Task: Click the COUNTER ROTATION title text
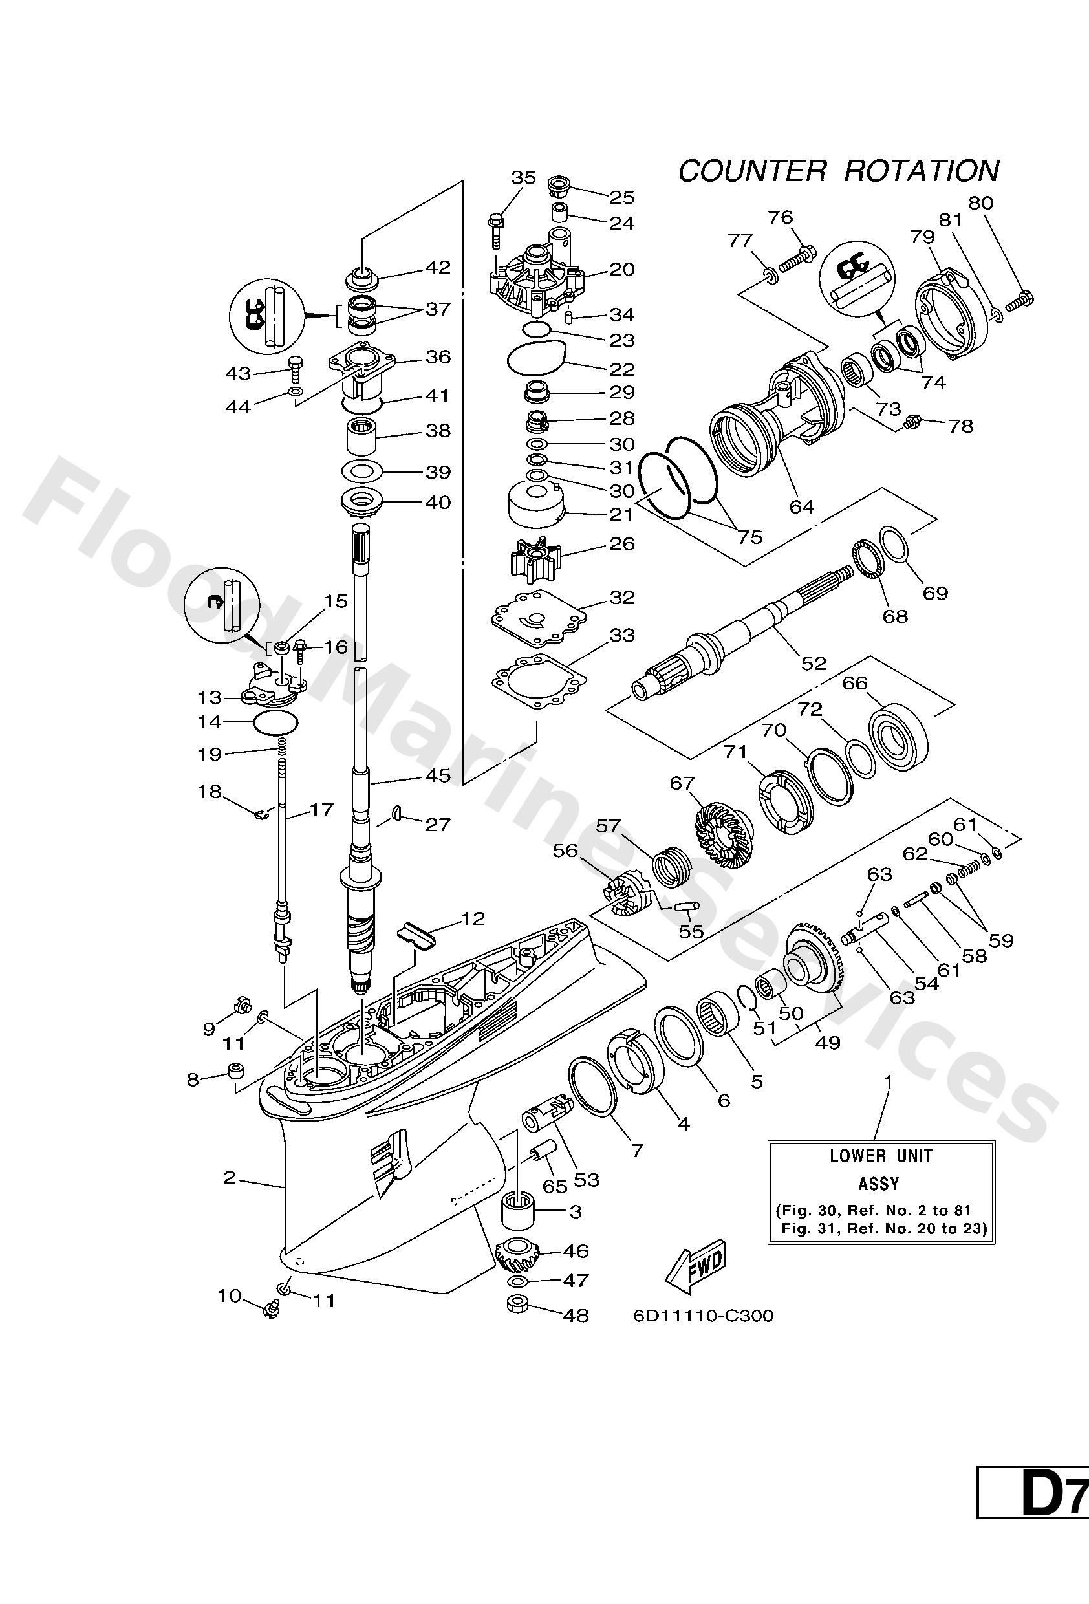(x=838, y=171)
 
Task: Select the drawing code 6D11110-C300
(x=703, y=1316)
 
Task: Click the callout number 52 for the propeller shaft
(x=814, y=664)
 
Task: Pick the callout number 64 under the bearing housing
(x=801, y=506)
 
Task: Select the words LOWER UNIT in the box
(x=881, y=1155)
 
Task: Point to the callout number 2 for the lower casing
(x=230, y=1178)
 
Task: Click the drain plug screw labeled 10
(x=271, y=1307)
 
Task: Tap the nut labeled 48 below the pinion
(x=517, y=1305)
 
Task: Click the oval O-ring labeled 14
(x=276, y=723)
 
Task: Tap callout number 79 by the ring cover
(x=922, y=237)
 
